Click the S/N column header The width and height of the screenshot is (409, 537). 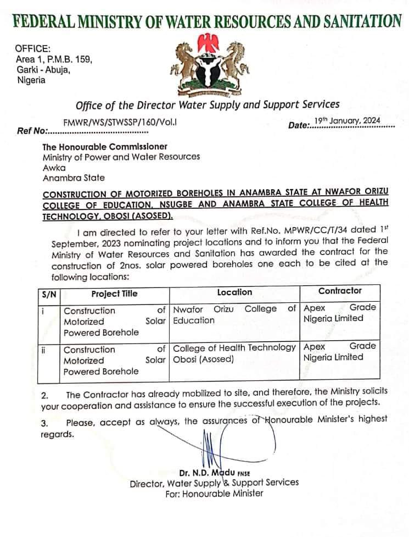(x=48, y=294)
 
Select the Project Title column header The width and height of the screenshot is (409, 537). (x=114, y=294)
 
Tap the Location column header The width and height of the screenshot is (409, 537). (x=234, y=292)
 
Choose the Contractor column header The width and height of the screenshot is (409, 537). (x=340, y=291)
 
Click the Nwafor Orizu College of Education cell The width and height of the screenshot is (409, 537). (x=234, y=314)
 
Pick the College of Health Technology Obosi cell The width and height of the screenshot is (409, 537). (x=234, y=353)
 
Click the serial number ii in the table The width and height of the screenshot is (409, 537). (x=43, y=350)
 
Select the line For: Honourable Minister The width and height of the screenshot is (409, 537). (x=214, y=493)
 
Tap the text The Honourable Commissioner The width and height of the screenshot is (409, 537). (x=105, y=147)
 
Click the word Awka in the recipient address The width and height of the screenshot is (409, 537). (x=54, y=168)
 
